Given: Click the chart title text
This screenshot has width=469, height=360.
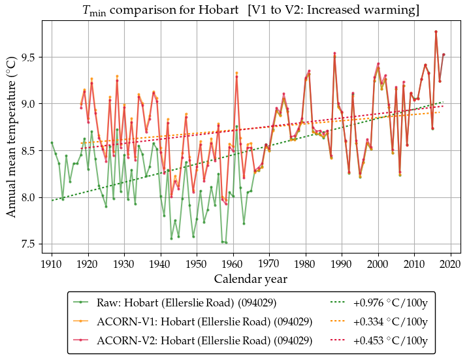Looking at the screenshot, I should (x=246, y=10).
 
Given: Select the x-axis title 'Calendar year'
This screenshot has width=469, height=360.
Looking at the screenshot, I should (x=250, y=279).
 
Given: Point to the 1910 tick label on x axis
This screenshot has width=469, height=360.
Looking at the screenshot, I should (x=52, y=264).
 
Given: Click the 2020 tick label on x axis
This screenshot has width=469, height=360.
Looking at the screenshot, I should (x=450, y=264).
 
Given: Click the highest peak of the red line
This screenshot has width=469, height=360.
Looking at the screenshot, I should (x=436, y=31).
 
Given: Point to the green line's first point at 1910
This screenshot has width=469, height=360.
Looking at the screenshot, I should (x=52, y=142).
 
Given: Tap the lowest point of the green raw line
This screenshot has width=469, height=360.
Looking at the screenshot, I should (x=226, y=242).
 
